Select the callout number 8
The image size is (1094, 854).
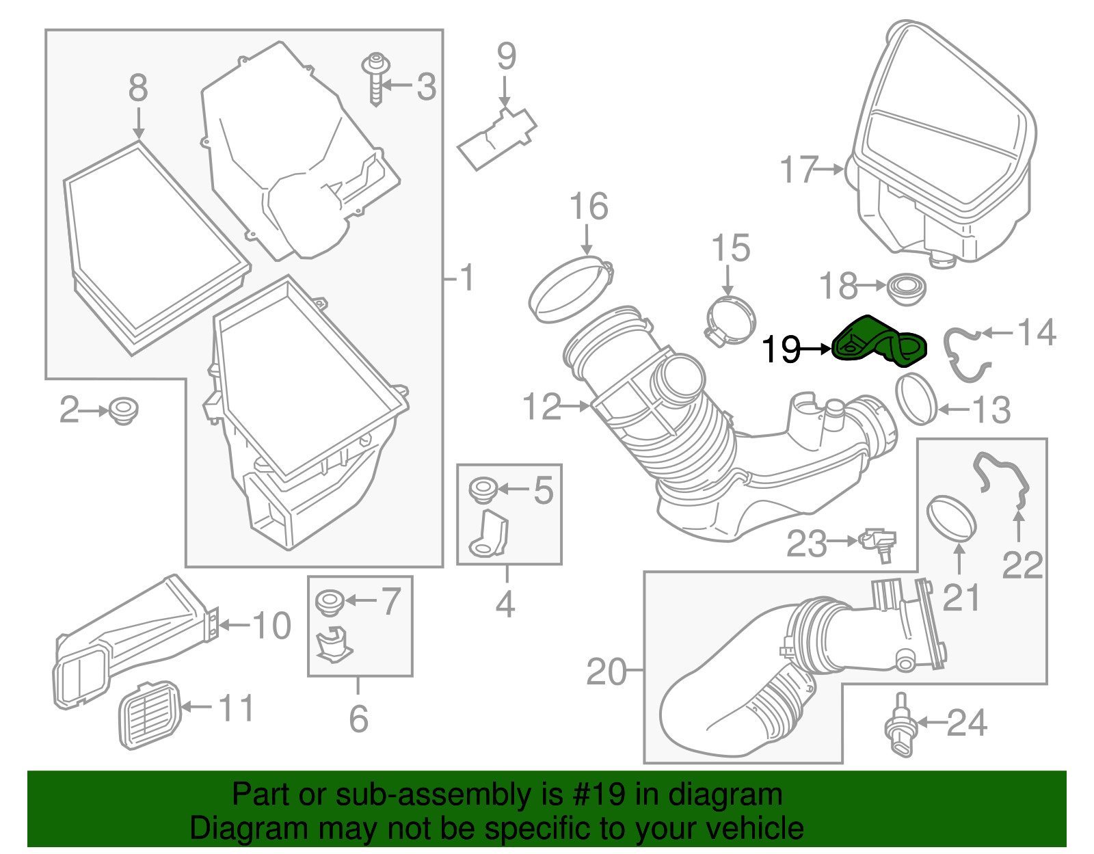[x=138, y=88]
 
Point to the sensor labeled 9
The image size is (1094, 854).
[x=497, y=137]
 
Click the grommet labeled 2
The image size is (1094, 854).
[x=123, y=410]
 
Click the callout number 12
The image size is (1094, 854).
[x=542, y=407]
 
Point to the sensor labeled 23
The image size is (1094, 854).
[x=879, y=543]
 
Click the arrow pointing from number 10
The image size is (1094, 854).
[x=233, y=624]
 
